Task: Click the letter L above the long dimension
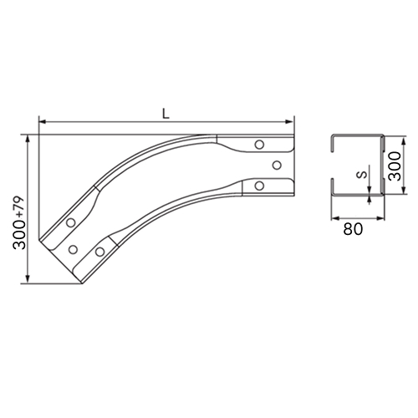point(166,114)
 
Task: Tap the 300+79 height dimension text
point(19,223)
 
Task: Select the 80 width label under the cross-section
point(353,229)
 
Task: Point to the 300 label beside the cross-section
point(395,166)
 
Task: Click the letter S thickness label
point(362,175)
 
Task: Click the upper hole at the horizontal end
point(259,145)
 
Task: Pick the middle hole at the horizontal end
point(277,166)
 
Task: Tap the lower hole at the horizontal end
point(259,186)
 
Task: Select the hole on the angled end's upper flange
point(71,222)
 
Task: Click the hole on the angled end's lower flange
point(99,252)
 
